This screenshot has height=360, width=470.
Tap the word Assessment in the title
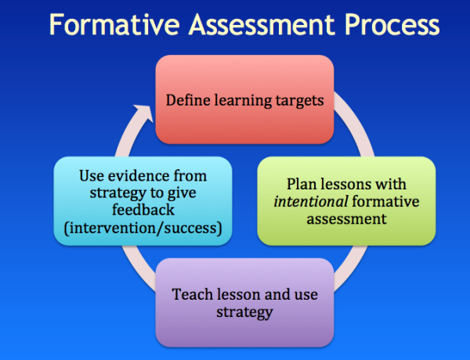tap(263, 27)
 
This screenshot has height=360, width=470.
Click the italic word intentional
tap(306, 203)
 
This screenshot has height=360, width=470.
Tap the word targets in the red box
tap(297, 100)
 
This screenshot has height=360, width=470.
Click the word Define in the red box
tap(186, 100)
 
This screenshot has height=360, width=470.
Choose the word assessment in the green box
tap(347, 219)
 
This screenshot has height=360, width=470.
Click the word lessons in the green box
tap(342, 185)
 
